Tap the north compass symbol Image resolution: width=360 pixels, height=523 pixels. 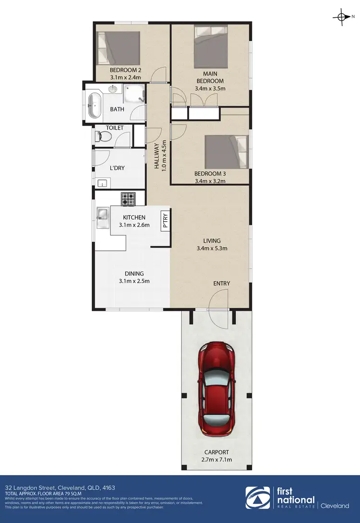click(341, 18)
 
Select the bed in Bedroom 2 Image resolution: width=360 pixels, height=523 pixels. click(118, 48)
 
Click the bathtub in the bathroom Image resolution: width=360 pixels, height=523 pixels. click(94, 105)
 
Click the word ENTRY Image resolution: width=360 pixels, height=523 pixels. click(222, 284)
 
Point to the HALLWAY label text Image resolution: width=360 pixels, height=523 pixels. click(156, 156)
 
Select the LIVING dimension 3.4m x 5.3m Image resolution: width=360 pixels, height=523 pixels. click(212, 249)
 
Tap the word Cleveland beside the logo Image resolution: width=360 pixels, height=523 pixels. click(335, 506)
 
